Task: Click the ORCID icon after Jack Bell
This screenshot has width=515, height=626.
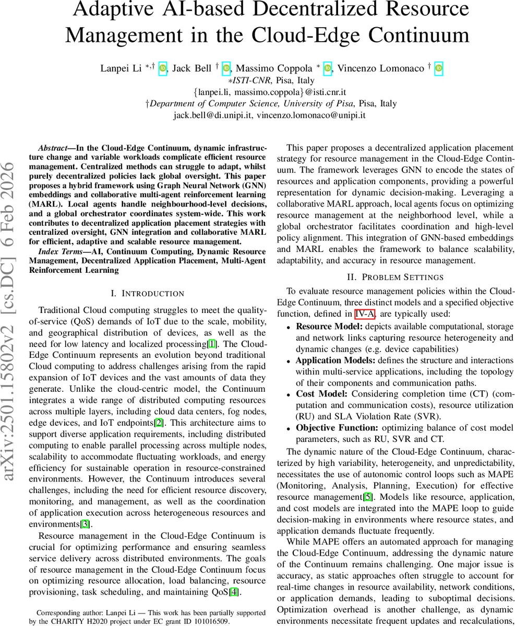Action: click(226, 68)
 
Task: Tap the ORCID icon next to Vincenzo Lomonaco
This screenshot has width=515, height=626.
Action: click(439, 68)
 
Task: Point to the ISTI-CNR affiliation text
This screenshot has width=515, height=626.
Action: click(249, 80)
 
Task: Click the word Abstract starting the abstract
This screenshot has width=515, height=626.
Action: click(54, 148)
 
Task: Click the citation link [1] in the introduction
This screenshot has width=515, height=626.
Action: click(212, 344)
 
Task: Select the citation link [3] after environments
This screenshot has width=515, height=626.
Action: click(85, 524)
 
